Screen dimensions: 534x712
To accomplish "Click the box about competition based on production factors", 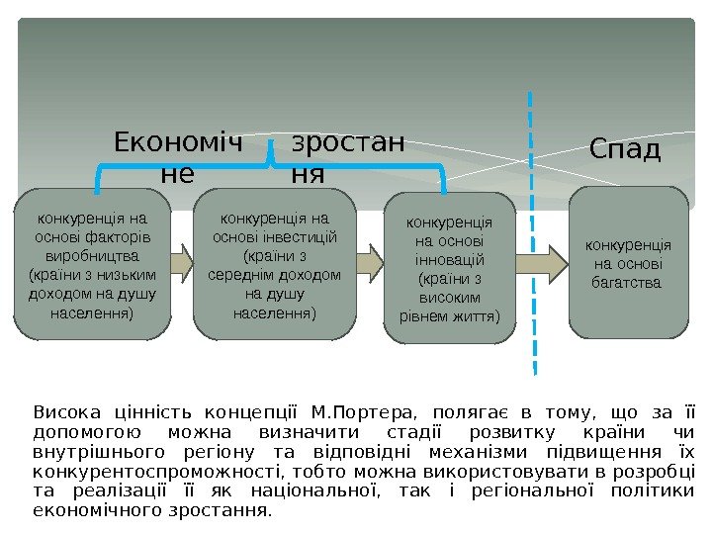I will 92,263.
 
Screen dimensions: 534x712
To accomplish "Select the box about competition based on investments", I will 274,263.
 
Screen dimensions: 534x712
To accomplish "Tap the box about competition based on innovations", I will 449,267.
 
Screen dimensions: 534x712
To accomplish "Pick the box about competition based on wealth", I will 628,262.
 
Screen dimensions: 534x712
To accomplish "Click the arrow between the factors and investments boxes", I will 182,262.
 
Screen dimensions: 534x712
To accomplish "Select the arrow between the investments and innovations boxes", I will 369,263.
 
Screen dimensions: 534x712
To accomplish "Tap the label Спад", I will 625,149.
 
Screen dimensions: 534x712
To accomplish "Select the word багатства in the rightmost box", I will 628,283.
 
